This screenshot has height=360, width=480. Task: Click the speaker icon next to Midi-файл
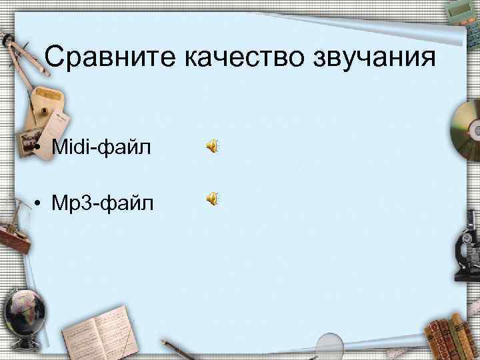pos(211,146)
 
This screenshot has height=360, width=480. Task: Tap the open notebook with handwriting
pos(97,331)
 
